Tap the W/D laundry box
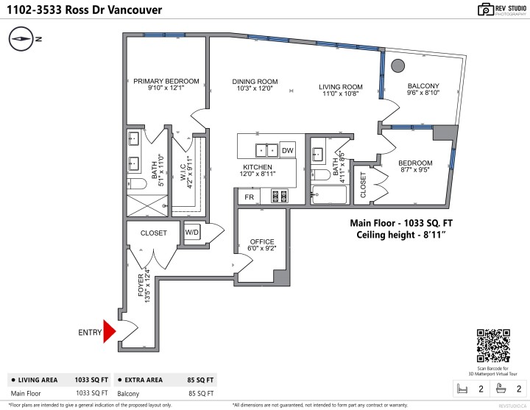(x=192, y=232)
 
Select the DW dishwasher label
(x=287, y=150)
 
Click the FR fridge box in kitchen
(x=250, y=197)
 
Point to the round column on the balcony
(x=397, y=65)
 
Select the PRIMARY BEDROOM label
(x=166, y=81)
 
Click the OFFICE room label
(x=262, y=241)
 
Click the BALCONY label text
(x=423, y=86)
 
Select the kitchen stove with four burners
(x=280, y=197)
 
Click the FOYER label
(x=141, y=283)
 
